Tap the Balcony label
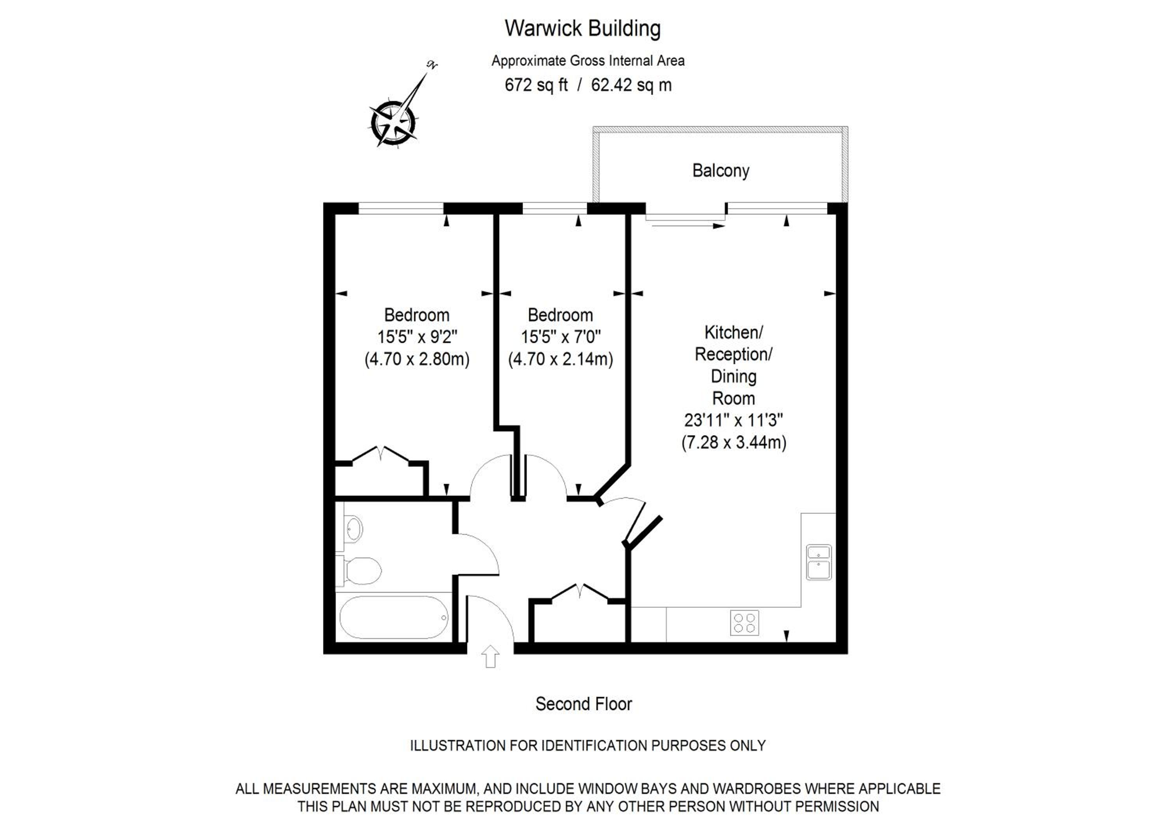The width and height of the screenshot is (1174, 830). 720,170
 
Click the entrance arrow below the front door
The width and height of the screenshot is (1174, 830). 490,656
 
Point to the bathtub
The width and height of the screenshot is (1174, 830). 394,617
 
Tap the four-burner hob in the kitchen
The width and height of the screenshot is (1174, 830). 744,623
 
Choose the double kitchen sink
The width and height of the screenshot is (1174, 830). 819,562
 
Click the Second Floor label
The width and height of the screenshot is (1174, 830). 583,704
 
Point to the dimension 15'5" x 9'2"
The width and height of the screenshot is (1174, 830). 417,337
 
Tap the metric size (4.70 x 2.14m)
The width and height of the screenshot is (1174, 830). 560,359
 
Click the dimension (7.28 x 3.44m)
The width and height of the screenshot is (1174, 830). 734,442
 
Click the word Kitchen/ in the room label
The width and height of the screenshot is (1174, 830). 734,332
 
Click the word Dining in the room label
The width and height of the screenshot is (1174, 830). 734,376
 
